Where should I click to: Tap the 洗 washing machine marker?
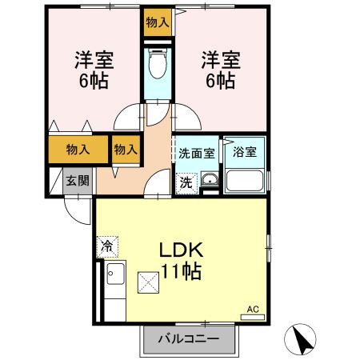point(186,182)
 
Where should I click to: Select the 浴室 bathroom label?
point(244,153)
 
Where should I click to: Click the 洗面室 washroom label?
point(196,153)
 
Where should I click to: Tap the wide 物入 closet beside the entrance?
point(77,150)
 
